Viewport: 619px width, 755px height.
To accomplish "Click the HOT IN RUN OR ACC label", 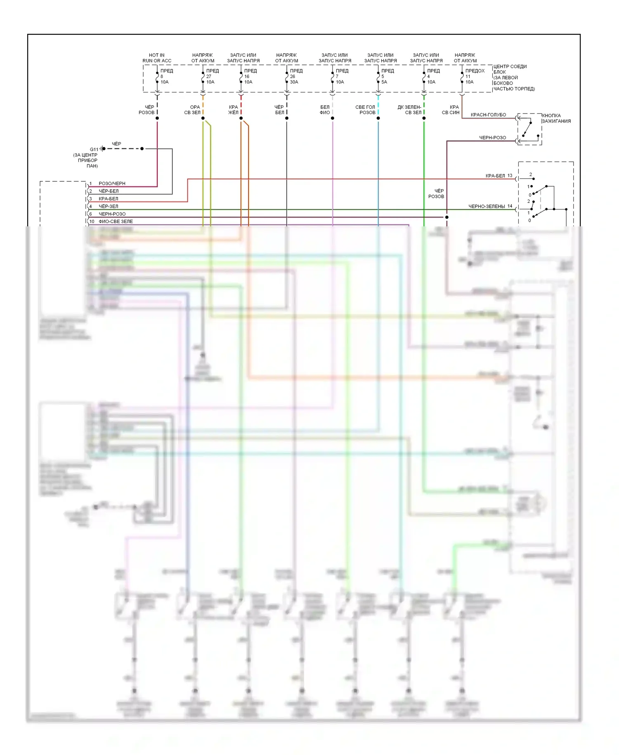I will [x=157, y=58].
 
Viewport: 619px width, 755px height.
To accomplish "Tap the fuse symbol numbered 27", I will [x=203, y=77].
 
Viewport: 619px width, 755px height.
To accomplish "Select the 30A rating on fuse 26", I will [x=294, y=82].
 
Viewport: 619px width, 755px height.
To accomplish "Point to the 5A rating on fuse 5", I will [x=384, y=82].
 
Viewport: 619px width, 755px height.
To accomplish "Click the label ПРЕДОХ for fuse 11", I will [x=475, y=71].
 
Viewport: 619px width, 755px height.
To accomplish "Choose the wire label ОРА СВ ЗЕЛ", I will [x=192, y=110].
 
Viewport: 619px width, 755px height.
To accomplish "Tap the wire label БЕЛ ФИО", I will [x=325, y=110].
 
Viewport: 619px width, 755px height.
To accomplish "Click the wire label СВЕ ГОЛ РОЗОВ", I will [x=365, y=110].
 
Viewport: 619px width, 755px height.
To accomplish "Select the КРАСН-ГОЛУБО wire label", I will [x=488, y=115].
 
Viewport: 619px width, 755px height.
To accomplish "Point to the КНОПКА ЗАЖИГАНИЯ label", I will [x=556, y=119].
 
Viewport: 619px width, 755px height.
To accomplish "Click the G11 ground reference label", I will [x=94, y=150].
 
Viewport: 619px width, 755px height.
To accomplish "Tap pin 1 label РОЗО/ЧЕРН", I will [x=112, y=183].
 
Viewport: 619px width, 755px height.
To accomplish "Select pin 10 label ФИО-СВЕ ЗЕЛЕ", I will [x=116, y=221].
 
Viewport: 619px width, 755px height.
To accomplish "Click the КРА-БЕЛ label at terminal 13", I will [x=495, y=176].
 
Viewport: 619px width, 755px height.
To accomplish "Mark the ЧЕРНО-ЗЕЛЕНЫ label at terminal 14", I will [x=487, y=207].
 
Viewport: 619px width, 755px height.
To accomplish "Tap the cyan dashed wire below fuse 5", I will [x=378, y=105].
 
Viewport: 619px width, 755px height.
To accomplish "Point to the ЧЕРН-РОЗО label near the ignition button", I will [x=492, y=138].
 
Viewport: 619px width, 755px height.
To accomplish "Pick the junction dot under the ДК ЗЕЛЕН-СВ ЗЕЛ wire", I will [x=424, y=119].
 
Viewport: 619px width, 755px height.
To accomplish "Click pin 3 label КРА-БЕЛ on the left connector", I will [x=108, y=199].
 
